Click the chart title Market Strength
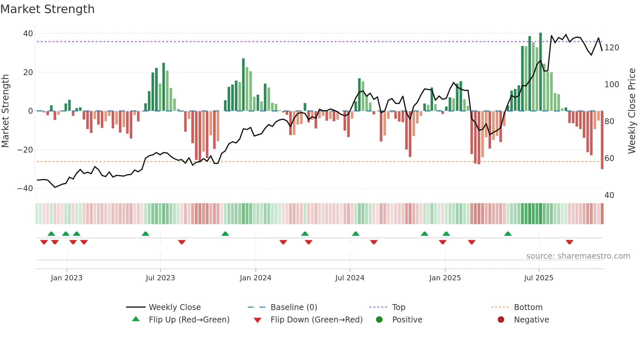pyautogui.click(x=47, y=9)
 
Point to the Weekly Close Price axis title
pyautogui.click(x=632, y=111)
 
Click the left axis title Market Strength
pyautogui.click(x=5, y=111)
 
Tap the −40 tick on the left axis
pyautogui.click(x=25, y=188)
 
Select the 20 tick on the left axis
pyautogui.click(x=28, y=72)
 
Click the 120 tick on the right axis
pyautogui.click(x=612, y=48)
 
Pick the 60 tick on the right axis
pyautogui.click(x=609, y=158)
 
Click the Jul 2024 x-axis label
pyautogui.click(x=349, y=278)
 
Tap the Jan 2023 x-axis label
pyautogui.click(x=67, y=278)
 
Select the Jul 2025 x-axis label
pyautogui.click(x=538, y=278)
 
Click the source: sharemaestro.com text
pyautogui.click(x=578, y=256)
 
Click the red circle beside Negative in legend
pyautogui.click(x=501, y=320)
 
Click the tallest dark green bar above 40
pyautogui.click(x=540, y=72)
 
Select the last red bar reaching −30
pyautogui.click(x=602, y=140)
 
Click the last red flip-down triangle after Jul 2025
pyautogui.click(x=569, y=242)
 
